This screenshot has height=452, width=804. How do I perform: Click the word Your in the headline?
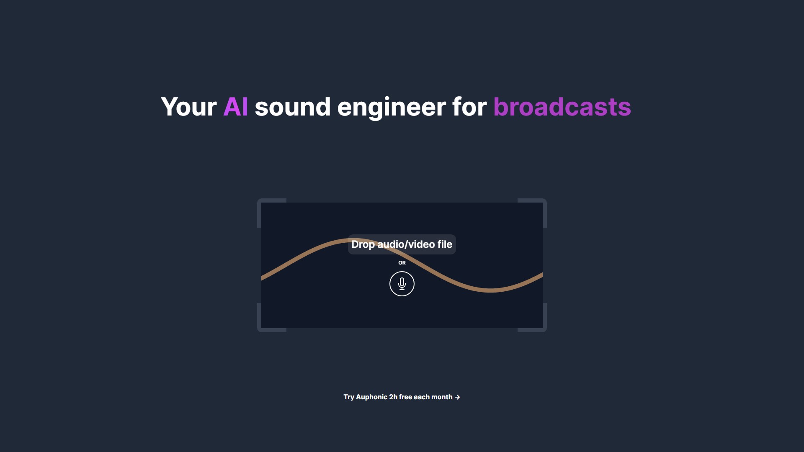pos(188,107)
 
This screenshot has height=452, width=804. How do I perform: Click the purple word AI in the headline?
pos(236,107)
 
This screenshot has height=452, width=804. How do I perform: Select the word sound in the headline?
pos(293,107)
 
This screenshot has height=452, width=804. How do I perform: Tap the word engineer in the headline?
pos(392,107)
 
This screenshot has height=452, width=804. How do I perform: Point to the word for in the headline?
pos(469,107)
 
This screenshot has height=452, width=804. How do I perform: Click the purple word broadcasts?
pos(562,107)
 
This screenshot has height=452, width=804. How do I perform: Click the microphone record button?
pos(402,284)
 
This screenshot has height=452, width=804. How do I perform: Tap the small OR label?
pos(402,263)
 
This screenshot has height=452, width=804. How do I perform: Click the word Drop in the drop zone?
pos(363,244)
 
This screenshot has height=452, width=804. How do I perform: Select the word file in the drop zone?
pos(445,244)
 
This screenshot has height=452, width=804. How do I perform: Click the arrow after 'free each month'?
pos(457,397)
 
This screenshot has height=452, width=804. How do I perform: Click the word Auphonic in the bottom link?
pos(371,397)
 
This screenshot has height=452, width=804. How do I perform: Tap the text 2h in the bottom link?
pos(393,397)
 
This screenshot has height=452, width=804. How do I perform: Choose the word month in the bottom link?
pos(442,397)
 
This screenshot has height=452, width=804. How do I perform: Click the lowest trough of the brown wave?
pos(490,290)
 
